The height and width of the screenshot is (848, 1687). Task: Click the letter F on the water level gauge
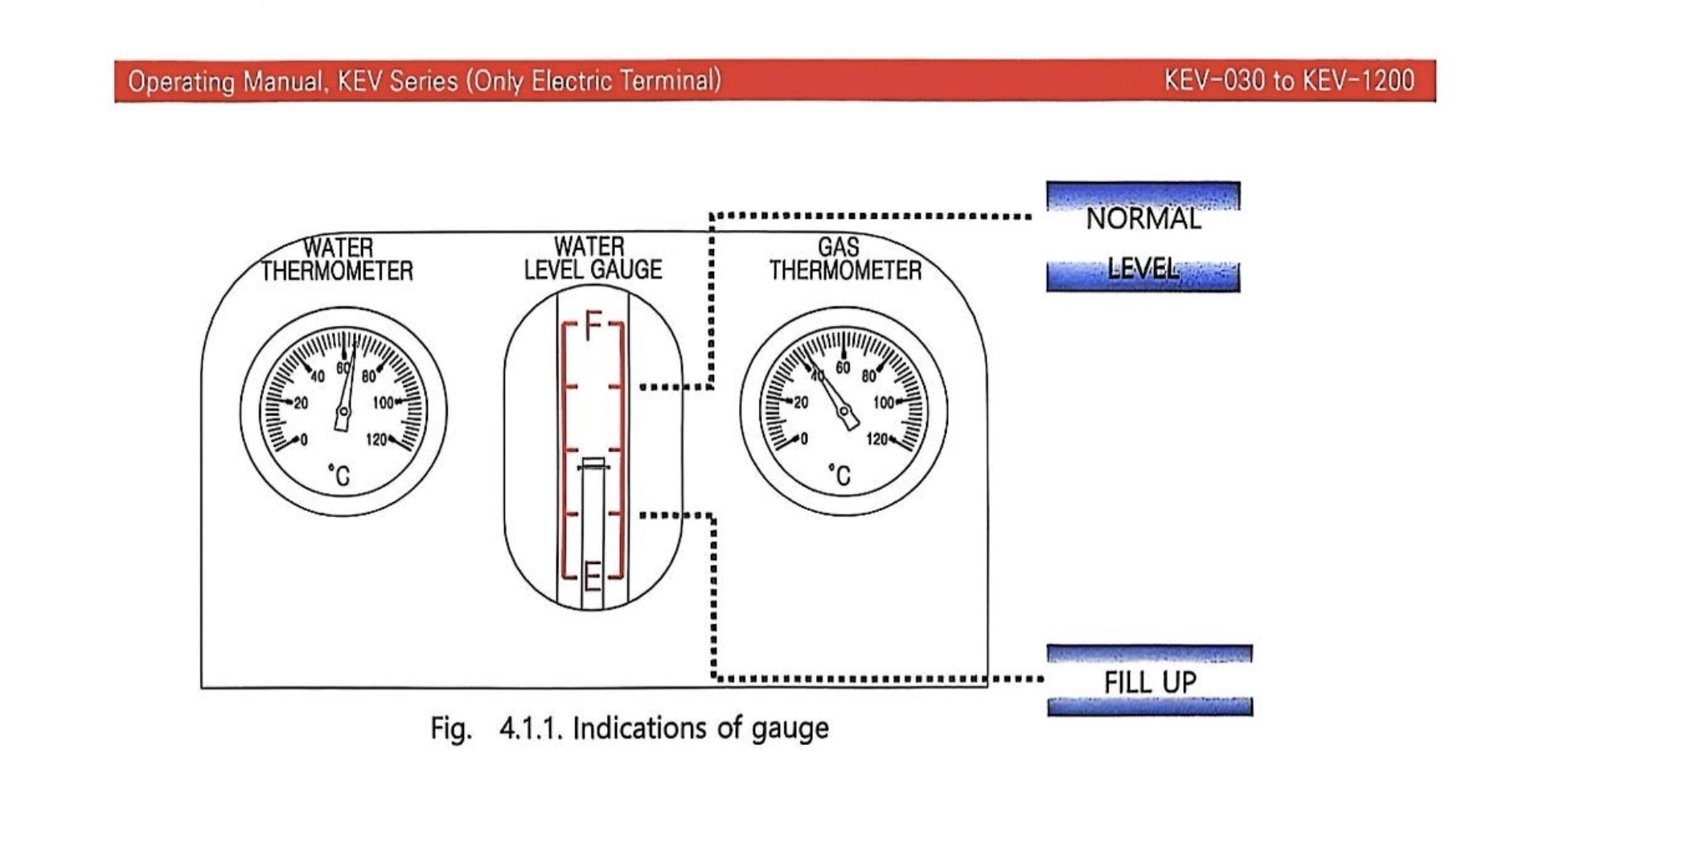[593, 326]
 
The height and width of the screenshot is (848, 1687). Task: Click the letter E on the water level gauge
[593, 576]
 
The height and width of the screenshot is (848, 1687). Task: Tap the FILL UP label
[1150, 682]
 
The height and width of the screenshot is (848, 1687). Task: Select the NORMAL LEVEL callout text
[1143, 241]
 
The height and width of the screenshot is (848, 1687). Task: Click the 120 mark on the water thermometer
[376, 439]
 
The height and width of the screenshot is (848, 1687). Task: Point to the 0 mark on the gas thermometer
[803, 439]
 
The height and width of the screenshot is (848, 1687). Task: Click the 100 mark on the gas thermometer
[884, 402]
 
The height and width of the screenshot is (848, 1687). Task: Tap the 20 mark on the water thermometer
[301, 402]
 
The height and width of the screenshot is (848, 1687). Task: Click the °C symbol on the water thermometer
[339, 475]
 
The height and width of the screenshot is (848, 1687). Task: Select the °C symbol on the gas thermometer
[839, 475]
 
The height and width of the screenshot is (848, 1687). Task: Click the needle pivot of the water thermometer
[343, 413]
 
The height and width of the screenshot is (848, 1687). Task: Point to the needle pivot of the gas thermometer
[845, 413]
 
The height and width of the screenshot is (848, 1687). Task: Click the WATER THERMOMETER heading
[337, 259]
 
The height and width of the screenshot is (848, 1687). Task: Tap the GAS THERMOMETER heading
[844, 259]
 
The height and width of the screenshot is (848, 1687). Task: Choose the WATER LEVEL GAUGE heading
[593, 258]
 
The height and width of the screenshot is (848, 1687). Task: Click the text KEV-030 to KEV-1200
[1289, 80]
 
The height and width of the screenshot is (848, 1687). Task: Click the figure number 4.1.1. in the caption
[530, 728]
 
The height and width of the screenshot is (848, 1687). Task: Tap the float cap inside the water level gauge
[593, 464]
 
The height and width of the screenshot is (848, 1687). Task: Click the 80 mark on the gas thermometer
[868, 376]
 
